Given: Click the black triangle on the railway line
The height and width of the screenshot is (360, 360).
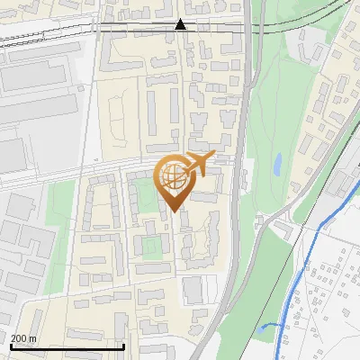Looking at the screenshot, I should tap(181, 24).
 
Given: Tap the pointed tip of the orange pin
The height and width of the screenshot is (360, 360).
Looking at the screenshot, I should tap(174, 210).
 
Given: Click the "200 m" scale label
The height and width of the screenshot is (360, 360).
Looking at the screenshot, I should tap(24, 338).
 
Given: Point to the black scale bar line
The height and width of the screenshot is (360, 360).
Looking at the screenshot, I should tap(67, 346).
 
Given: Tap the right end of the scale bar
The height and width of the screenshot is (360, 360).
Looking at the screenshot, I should tap(123, 346).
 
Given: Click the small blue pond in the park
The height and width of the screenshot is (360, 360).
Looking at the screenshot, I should tap(278, 164).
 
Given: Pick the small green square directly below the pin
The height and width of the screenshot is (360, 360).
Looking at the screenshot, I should tap(154, 245).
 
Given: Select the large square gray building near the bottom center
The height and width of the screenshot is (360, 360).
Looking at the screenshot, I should tap(193, 289).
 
